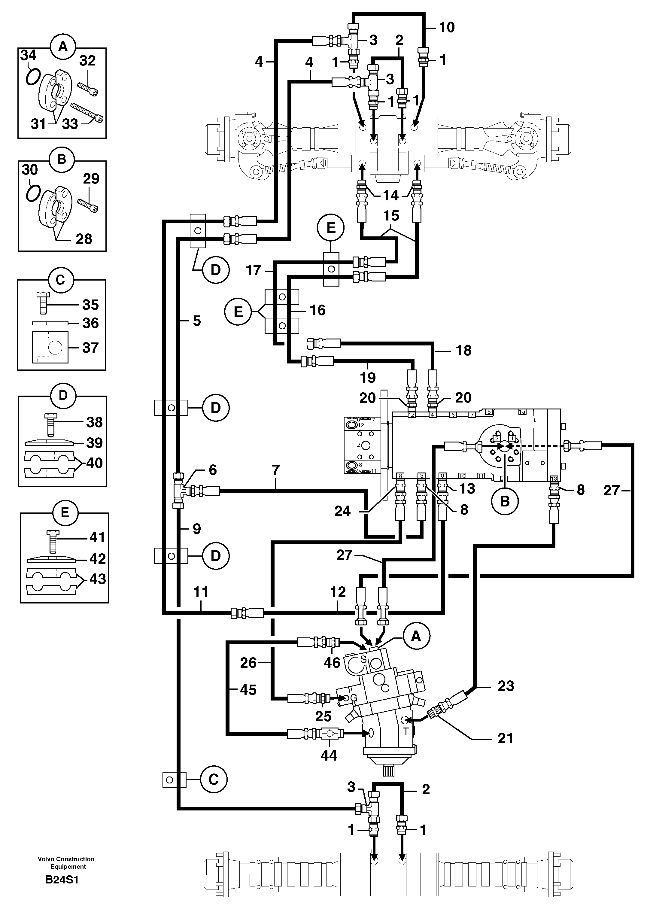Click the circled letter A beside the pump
[x=416, y=636]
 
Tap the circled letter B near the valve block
[x=504, y=501]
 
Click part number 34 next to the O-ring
[x=28, y=55]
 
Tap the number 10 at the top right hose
[x=447, y=27]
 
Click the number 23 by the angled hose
[x=506, y=686]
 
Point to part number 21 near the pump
[x=505, y=738]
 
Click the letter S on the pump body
[x=363, y=659]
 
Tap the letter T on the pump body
[x=406, y=732]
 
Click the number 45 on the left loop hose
[x=248, y=690]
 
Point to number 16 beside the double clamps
[x=317, y=310]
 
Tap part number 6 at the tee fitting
[x=212, y=470]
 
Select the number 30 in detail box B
[x=30, y=169]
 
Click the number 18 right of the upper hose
[x=463, y=350]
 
